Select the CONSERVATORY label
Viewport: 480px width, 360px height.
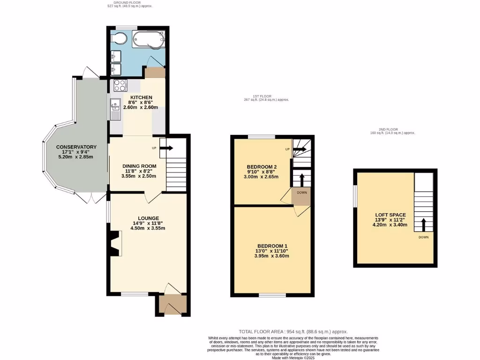point(76,147)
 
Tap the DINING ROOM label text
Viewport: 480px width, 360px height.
point(139,166)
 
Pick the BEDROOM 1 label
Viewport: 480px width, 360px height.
point(272,247)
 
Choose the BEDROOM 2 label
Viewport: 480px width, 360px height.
point(262,167)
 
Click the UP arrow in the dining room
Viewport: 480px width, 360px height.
point(166,148)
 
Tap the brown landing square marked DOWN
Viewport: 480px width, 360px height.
point(301,196)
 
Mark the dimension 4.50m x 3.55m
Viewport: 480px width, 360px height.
point(148,229)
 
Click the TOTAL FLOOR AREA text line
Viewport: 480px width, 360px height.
point(293,331)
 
